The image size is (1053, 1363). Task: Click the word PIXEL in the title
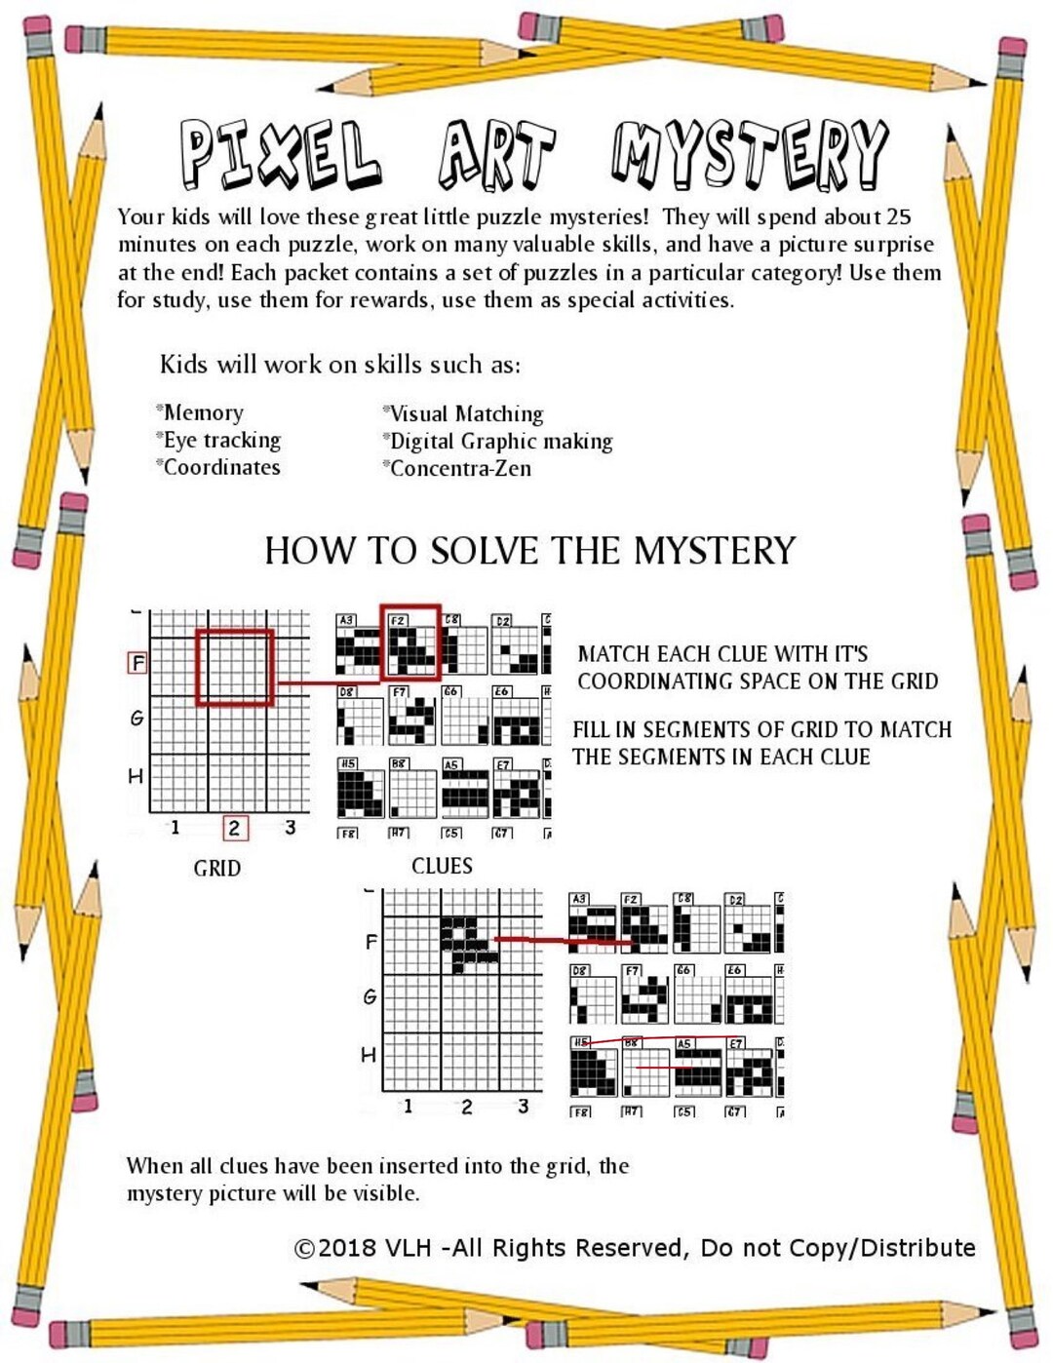(280, 154)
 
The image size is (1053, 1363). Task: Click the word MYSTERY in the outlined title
(750, 154)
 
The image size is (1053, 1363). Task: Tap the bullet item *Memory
(201, 412)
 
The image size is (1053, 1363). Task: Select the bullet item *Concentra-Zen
(457, 469)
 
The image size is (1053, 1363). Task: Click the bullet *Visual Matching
(463, 413)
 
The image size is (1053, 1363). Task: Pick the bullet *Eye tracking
(219, 441)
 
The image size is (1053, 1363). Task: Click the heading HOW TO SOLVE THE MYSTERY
(529, 551)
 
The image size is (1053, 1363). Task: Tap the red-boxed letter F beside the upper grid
(137, 663)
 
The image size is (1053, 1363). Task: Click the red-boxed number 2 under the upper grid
(234, 828)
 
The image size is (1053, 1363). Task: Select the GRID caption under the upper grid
(216, 868)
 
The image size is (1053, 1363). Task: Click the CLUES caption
(442, 866)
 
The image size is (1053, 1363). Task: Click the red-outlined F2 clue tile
(410, 643)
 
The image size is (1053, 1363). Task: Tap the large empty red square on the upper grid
(234, 668)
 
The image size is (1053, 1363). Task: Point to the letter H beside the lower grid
(369, 1055)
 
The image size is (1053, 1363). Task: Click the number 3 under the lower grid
(524, 1106)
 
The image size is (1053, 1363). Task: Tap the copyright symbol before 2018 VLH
(304, 1249)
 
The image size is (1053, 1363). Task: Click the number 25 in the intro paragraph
(898, 216)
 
